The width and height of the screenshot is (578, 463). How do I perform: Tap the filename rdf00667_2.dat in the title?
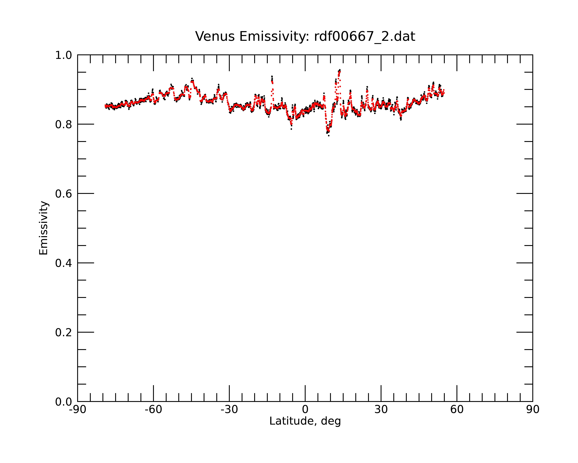point(365,36)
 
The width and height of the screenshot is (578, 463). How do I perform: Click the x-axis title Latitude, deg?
point(305,421)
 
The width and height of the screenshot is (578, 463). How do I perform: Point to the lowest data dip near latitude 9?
point(329,136)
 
